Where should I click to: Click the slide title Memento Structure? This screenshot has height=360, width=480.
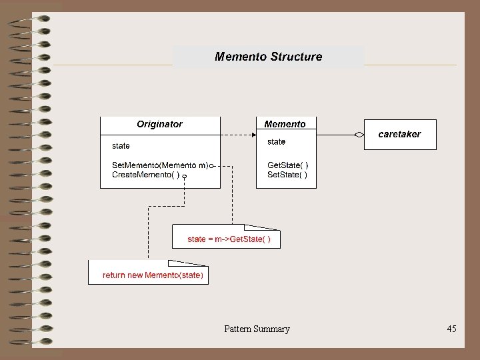pyautogui.click(x=268, y=57)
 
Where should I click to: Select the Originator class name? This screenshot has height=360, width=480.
pyautogui.click(x=159, y=124)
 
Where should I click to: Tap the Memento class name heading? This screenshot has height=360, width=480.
pyautogui.click(x=285, y=124)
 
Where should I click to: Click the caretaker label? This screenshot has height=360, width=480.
pyautogui.click(x=399, y=134)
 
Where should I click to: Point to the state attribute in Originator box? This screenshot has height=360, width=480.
pyautogui.click(x=121, y=145)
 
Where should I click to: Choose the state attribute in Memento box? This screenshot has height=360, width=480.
pyautogui.click(x=276, y=141)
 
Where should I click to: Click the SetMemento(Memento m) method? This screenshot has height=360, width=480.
pyautogui.click(x=160, y=165)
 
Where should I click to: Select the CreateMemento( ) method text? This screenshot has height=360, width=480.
pyautogui.click(x=145, y=175)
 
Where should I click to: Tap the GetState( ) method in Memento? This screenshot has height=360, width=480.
pyautogui.click(x=287, y=165)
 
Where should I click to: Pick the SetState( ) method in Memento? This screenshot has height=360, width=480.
pyautogui.click(x=287, y=175)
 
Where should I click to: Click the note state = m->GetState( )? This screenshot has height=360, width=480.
pyautogui.click(x=229, y=239)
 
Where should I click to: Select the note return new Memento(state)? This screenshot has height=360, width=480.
pyautogui.click(x=153, y=275)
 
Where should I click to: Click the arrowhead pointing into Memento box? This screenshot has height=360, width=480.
pyautogui.click(x=253, y=135)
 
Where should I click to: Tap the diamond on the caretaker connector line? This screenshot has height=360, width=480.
pyautogui.click(x=360, y=135)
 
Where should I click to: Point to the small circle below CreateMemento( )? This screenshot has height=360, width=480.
pyautogui.click(x=185, y=177)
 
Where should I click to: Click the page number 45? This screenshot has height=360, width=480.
pyautogui.click(x=451, y=329)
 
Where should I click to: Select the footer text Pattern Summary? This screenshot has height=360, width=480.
pyautogui.click(x=257, y=329)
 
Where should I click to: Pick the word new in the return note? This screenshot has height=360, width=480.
pyautogui.click(x=134, y=275)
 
